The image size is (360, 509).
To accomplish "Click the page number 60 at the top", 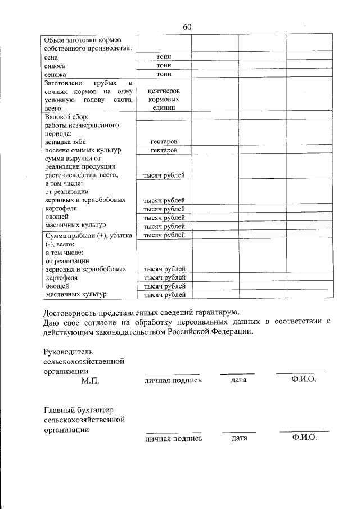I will [x=187, y=28].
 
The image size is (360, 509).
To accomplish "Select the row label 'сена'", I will [x=52, y=57].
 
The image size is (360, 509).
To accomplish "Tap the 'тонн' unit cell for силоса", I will [x=164, y=66].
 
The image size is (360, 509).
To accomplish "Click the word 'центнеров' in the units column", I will [x=164, y=91].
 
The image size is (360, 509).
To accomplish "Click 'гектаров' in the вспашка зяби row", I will [x=164, y=142].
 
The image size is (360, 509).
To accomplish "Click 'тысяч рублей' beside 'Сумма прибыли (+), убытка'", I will [x=164, y=235].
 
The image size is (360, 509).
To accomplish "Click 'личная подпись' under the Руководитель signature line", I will [x=172, y=381].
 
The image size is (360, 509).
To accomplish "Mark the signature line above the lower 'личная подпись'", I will [x=172, y=431].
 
